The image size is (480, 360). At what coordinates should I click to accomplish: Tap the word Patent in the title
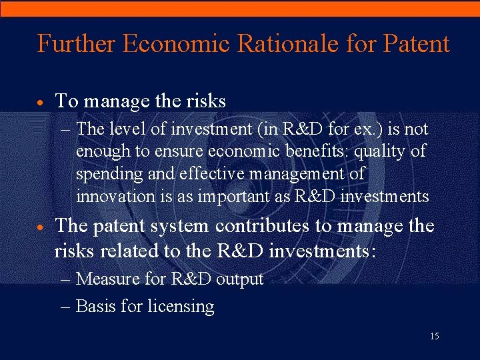click(x=417, y=44)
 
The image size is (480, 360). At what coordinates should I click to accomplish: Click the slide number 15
click(x=434, y=337)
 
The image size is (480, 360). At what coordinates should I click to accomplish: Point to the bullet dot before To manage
click(x=41, y=103)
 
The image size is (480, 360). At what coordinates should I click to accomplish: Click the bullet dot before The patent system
click(x=41, y=228)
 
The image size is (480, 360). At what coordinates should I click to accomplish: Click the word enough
click(x=103, y=152)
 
